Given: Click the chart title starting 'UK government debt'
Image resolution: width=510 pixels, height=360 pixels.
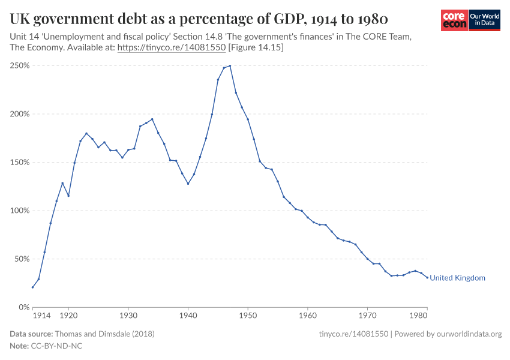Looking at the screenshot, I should tap(199, 18).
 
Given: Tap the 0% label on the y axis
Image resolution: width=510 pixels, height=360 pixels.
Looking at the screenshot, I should tap(24, 307).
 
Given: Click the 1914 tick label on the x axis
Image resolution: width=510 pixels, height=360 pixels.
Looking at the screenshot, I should tap(41, 316).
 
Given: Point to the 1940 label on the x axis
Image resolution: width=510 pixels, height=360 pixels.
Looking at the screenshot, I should tap(188, 316).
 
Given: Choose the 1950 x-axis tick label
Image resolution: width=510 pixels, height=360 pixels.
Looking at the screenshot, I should tap(248, 316).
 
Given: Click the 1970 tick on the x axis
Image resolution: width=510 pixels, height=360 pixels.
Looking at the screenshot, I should tap(367, 316).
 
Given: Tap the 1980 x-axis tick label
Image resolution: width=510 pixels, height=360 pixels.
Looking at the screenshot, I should tap(418, 316).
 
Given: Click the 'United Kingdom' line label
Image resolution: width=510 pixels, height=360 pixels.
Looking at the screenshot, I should tap(457, 278).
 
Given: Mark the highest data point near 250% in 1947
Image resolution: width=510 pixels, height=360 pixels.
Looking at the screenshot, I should tap(230, 66).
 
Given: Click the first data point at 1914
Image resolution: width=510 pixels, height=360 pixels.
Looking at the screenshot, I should tap(32, 287).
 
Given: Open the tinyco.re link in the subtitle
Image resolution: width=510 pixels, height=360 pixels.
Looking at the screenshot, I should tap(171, 47).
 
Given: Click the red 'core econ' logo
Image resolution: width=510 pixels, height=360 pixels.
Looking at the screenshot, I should tap(454, 20).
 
